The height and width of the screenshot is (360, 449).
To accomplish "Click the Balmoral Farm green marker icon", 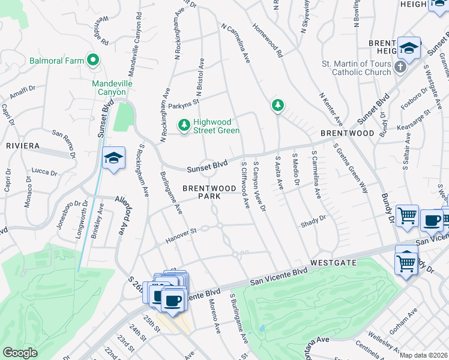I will (x=92, y=61).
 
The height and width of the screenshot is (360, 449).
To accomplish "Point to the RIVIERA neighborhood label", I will (x=23, y=146).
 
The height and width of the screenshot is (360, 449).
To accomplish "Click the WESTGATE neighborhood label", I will (x=334, y=263).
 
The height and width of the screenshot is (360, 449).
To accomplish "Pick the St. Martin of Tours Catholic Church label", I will (x=360, y=68).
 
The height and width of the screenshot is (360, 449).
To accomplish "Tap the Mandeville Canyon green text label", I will (x=109, y=88).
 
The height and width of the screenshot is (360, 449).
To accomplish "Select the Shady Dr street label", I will (x=313, y=220).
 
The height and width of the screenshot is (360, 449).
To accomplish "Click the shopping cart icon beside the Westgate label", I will (x=406, y=262).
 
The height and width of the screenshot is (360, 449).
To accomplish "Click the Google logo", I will (x=20, y=353).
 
